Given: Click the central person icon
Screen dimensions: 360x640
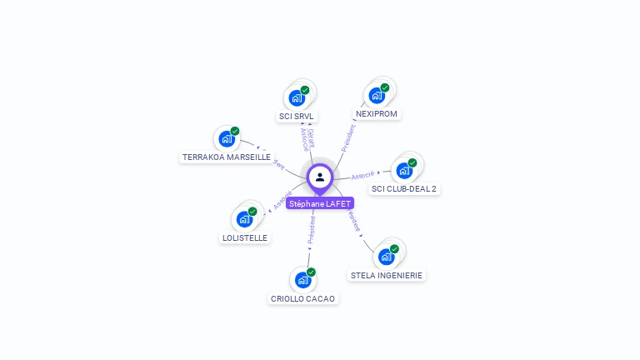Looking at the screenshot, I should pos(320,177).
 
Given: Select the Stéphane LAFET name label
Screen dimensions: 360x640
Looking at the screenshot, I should pos(320,203).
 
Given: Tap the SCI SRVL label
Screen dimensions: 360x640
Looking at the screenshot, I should pos(296,117).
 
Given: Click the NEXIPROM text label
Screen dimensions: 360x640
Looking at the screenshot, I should pos(377,113).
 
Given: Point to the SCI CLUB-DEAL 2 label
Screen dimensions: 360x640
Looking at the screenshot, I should pos(404,188).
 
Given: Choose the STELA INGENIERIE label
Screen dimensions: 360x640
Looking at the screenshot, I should pos(387,275).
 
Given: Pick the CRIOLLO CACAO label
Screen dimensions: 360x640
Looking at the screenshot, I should pos(303,298).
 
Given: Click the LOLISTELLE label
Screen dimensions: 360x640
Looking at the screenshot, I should pos(245,237).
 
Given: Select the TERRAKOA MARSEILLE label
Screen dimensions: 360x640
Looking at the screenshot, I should pos(227,157).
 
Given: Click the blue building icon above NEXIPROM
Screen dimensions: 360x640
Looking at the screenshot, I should pos(377,96).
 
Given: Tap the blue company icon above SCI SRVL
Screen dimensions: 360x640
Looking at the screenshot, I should pos(297,98).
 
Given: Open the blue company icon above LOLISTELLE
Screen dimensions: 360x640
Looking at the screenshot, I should pos(244,219).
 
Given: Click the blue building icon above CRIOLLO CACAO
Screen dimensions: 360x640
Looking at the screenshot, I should pos(303,280).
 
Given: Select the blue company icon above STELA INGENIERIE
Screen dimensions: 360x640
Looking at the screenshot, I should pos(386,257).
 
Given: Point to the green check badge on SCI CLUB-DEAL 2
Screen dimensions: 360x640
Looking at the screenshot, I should pos(412,162).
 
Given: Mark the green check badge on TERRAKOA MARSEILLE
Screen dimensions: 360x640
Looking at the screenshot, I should pos(235,131).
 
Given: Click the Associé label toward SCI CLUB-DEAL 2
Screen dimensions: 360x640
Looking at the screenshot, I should pos(362,175).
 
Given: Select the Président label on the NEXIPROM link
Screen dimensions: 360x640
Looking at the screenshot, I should pos(349,137).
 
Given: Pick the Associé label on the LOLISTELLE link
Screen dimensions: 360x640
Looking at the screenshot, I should pos(283,200).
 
